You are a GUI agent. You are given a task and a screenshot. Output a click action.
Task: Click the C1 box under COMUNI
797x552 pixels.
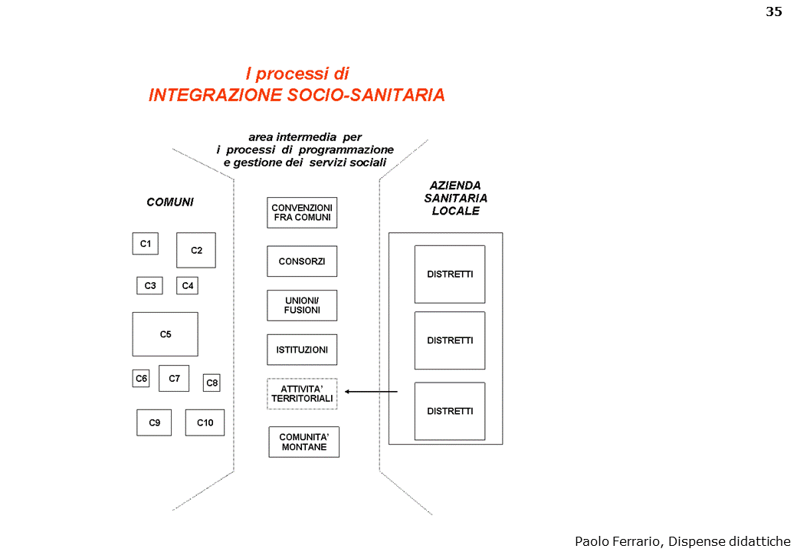point(145,244)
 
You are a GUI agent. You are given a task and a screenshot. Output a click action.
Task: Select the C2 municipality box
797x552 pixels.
point(196,250)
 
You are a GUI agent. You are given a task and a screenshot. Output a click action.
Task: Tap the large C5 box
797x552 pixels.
point(165,334)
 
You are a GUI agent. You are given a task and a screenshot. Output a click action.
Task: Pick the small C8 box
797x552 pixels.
point(212,383)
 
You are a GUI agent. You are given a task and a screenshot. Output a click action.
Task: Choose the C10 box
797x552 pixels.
point(205,422)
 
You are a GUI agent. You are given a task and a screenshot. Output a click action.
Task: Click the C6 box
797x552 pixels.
point(141,379)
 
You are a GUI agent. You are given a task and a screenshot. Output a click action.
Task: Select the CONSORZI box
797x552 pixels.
point(302,261)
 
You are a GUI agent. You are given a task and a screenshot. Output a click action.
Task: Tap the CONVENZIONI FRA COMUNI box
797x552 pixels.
point(302,212)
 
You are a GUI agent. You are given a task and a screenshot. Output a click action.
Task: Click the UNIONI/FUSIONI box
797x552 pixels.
point(302,305)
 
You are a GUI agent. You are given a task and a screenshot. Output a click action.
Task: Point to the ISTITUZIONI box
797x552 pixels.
point(302,350)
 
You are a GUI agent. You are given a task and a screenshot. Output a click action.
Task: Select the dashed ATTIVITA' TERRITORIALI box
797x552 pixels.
point(302,394)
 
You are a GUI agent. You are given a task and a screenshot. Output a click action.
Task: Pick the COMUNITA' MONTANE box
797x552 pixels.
point(303,442)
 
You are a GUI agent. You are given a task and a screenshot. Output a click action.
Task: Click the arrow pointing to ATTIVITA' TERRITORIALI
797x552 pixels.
point(371,392)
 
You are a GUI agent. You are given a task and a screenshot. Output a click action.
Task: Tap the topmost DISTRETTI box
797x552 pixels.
point(450,274)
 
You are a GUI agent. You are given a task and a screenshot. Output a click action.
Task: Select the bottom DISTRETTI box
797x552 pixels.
point(450,411)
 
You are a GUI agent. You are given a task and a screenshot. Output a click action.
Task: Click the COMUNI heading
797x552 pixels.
point(170,202)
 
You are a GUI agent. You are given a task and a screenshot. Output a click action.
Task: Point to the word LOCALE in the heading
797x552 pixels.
point(455,211)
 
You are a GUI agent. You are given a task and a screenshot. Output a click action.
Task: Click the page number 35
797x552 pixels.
point(774,11)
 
